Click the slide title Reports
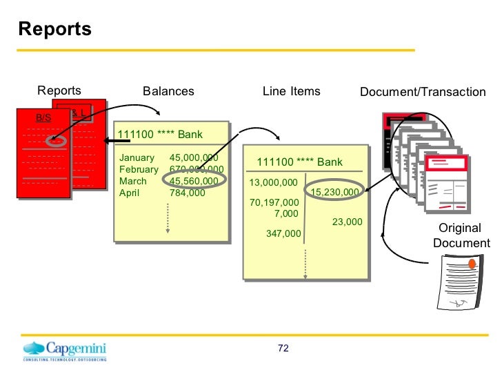click(x=54, y=29)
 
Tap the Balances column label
click(x=168, y=91)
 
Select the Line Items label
click(x=291, y=91)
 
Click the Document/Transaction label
click(x=422, y=92)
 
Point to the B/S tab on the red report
click(x=43, y=118)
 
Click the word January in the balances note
click(x=137, y=158)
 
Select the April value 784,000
click(x=188, y=193)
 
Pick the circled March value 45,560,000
click(x=194, y=182)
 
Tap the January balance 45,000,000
click(x=194, y=158)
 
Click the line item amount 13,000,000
click(x=273, y=183)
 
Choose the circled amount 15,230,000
click(x=335, y=192)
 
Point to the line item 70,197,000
click(x=274, y=203)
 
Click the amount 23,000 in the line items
click(x=347, y=222)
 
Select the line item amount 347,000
click(x=283, y=234)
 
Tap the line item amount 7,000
click(x=286, y=213)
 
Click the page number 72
click(x=283, y=348)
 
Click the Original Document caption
click(x=461, y=235)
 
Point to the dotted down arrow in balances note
click(x=168, y=218)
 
